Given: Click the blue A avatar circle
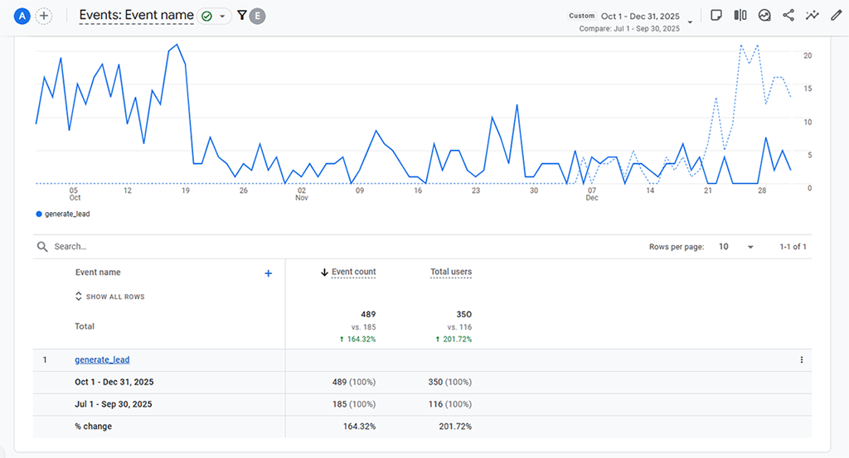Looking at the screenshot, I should pos(22,16).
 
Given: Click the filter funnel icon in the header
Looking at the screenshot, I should pos(241,16).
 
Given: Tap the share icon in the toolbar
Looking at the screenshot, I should pos(788,16).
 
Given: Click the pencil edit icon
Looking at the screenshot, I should pos(835,16).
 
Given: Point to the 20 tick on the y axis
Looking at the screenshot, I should pos(807,55).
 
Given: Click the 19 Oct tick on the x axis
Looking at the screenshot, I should pos(186,190).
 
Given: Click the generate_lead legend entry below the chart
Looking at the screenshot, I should pos(63,214).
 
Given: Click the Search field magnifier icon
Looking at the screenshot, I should pos(42,247).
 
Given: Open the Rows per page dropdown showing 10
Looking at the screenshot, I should pos(736,247).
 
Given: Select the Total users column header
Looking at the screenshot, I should pos(451,272).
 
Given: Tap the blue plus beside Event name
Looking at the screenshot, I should pos(268,273).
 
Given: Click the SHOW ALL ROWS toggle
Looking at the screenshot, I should pos(109,296).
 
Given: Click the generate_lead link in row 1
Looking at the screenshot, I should pos(102,359).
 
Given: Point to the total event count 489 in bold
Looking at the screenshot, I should pos(368,315).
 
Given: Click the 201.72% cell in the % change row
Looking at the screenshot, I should pos(455,427).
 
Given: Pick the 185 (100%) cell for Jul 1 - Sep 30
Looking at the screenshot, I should pos(353,404).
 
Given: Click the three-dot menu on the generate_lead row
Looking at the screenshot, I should pos(801,359).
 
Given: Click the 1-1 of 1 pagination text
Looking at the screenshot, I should pos(793,247).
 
